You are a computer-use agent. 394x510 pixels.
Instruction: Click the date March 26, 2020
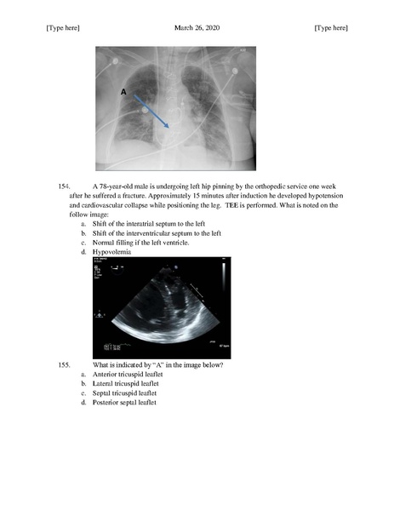pyautogui.click(x=196, y=28)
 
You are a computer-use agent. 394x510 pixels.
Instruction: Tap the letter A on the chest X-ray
pyautogui.click(x=123, y=90)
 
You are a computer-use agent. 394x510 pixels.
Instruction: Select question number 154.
pyautogui.click(x=63, y=185)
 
